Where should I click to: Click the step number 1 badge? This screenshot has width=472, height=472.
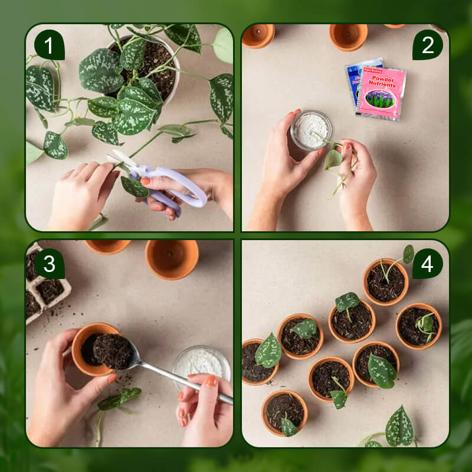[x=50, y=45]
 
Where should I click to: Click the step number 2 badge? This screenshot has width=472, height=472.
[x=427, y=45]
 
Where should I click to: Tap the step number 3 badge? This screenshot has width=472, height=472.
[x=50, y=263]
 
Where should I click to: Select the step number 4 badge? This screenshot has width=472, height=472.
[x=427, y=263]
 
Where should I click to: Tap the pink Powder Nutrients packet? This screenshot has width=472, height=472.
[x=381, y=93]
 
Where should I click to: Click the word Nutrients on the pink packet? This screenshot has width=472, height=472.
[x=382, y=84]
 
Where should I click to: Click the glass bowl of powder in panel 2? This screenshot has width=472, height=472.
[x=311, y=129]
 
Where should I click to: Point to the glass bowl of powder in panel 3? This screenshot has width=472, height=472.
[x=201, y=362]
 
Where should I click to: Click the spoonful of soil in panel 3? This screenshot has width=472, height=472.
[x=112, y=352]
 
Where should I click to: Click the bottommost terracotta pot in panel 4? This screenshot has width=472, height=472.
[x=284, y=412]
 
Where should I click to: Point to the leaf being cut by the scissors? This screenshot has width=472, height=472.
[x=134, y=187]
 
